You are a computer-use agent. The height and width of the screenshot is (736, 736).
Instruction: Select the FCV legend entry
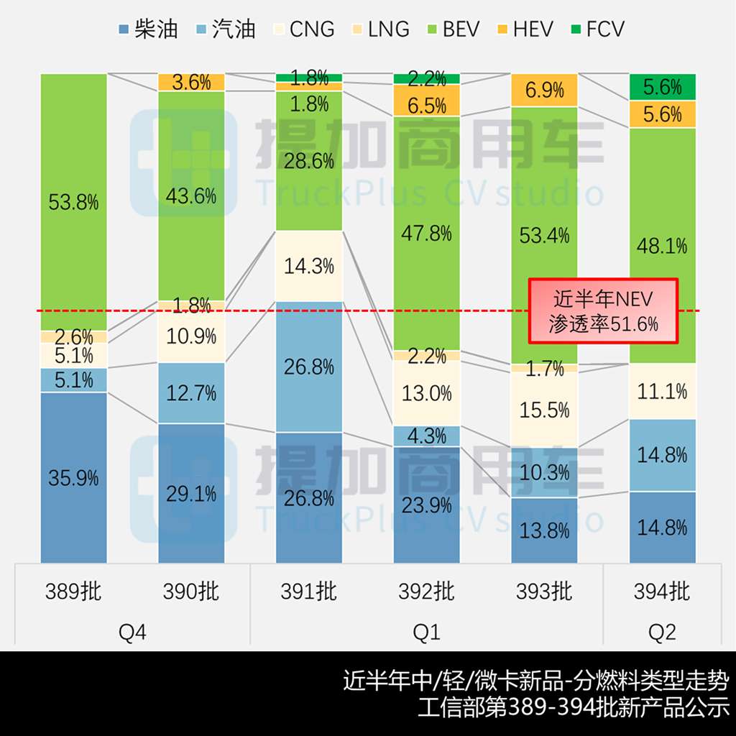[596, 29]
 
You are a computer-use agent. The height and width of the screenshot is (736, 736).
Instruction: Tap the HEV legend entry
[524, 29]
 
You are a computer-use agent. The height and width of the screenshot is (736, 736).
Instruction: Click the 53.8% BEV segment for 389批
[73, 202]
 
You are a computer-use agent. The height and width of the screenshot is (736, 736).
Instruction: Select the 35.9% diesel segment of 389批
[73, 477]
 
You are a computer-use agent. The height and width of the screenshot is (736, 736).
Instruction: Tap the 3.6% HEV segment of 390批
[191, 82]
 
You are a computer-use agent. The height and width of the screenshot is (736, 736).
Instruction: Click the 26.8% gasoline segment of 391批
[309, 367]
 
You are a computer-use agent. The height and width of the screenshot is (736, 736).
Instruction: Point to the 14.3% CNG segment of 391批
[309, 266]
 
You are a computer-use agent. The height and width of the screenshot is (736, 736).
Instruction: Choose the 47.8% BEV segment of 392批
[427, 233]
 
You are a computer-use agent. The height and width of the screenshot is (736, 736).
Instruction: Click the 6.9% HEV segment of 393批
[545, 90]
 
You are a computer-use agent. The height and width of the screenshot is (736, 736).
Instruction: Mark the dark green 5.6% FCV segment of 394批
[663, 87]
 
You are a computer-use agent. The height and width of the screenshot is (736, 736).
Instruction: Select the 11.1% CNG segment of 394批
[663, 391]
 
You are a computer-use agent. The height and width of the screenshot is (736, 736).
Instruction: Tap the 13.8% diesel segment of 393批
[545, 530]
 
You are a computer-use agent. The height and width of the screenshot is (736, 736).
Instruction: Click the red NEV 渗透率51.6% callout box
[594, 310]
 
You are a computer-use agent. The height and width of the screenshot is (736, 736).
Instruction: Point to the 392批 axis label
[427, 592]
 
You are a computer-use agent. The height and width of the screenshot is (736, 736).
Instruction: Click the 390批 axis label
[191, 592]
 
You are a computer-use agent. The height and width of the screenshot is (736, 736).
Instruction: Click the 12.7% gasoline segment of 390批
[191, 392]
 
